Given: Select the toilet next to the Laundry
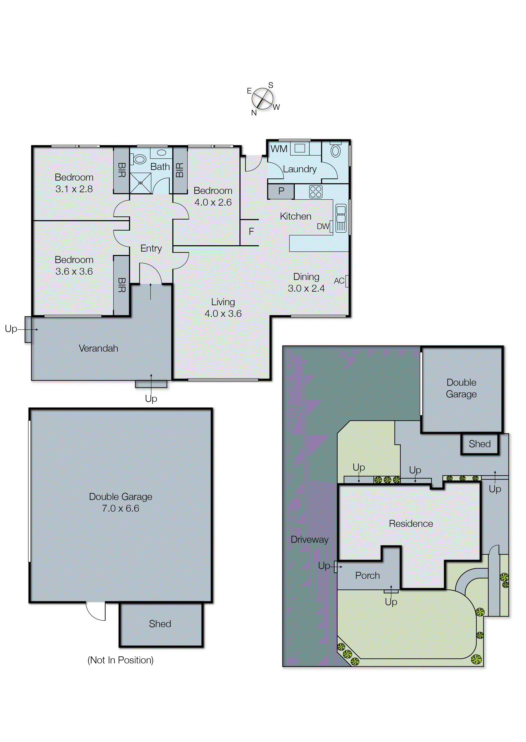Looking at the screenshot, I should click(336, 150).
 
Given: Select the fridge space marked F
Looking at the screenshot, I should click(251, 231).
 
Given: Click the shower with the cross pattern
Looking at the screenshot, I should click(141, 183).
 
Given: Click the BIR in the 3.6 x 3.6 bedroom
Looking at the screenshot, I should click(122, 285).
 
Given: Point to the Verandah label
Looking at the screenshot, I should click(98, 348).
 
